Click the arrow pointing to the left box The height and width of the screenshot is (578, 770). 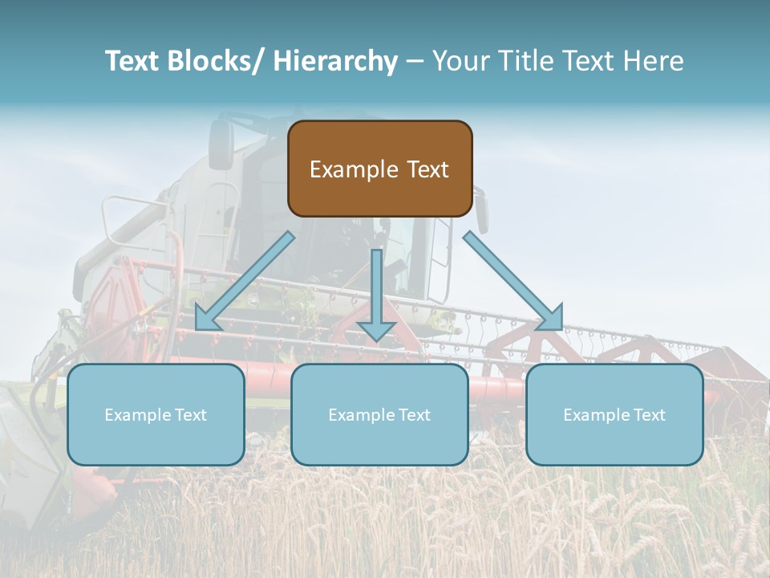pos(245,281)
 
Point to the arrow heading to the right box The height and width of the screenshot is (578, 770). pos(513,281)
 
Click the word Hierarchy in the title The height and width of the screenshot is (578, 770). pos(334,61)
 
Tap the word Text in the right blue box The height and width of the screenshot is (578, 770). pos(647,415)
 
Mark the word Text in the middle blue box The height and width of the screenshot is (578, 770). pos(412,415)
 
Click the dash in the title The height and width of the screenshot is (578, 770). pos(415,61)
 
